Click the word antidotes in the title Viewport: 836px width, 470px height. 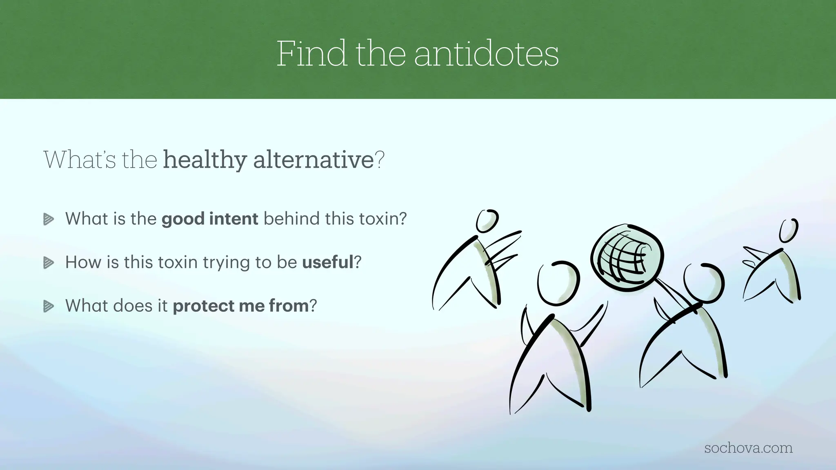click(x=486, y=54)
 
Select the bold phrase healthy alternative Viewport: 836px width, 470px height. click(x=268, y=160)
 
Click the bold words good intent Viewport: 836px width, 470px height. click(x=210, y=219)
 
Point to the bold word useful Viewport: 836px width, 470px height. click(x=327, y=262)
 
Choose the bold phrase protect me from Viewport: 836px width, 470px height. click(x=240, y=306)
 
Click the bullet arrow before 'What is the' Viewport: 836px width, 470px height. click(x=49, y=219)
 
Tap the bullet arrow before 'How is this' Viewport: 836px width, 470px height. click(x=49, y=263)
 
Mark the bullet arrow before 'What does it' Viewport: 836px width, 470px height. click(x=49, y=306)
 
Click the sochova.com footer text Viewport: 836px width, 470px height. click(x=748, y=448)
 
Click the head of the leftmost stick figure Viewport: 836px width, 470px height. click(x=487, y=221)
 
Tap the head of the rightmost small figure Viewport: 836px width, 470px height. click(x=788, y=230)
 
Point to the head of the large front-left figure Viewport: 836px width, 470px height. click(x=558, y=283)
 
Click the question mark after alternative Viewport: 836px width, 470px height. click(x=380, y=160)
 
